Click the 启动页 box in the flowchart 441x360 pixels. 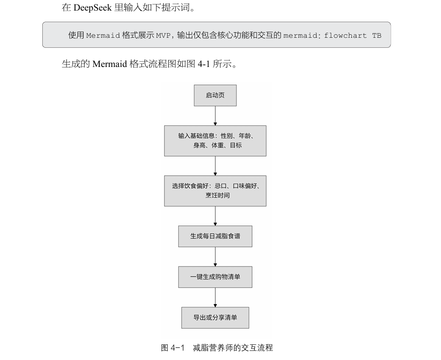click(215, 96)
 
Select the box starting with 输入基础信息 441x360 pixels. click(215, 140)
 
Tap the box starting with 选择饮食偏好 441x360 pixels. click(215, 190)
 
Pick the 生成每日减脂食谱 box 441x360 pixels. click(215, 236)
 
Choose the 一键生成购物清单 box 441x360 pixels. click(215, 277)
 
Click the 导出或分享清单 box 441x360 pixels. click(215, 318)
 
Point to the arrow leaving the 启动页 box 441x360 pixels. click(215, 116)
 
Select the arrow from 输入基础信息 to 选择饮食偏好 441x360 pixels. click(215, 166)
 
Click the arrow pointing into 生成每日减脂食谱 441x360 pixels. click(215, 216)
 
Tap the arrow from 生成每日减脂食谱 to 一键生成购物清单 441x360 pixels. click(215, 257)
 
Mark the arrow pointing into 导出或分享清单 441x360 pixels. click(215, 298)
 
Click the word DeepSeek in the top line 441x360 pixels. click(93, 8)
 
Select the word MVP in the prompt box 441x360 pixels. click(163, 36)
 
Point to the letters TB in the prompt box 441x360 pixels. click(377, 36)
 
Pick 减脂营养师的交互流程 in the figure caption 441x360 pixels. click(233, 347)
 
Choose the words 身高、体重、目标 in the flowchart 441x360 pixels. click(217, 146)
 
